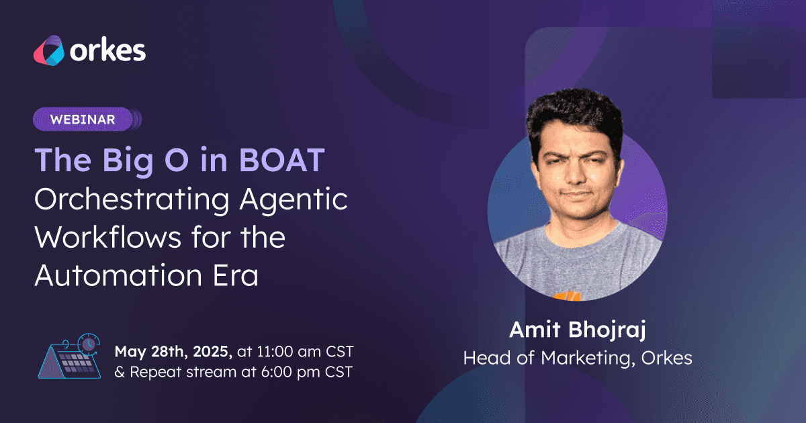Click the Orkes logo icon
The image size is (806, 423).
(49, 50)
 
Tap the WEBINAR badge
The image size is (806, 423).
(83, 120)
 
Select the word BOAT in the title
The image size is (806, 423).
(282, 160)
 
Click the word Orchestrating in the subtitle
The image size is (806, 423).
(132, 199)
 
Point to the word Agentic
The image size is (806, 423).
(294, 199)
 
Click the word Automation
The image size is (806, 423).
(118, 275)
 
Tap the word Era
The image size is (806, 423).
(236, 275)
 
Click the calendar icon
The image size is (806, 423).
(69, 356)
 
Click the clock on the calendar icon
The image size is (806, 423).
(89, 344)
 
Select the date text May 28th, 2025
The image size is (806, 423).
(173, 352)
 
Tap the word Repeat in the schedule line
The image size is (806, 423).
(155, 372)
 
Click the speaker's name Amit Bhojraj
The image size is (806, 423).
(578, 330)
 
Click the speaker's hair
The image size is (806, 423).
(575, 115)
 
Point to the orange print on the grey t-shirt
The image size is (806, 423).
(567, 296)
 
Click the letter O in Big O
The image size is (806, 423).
(177, 160)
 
